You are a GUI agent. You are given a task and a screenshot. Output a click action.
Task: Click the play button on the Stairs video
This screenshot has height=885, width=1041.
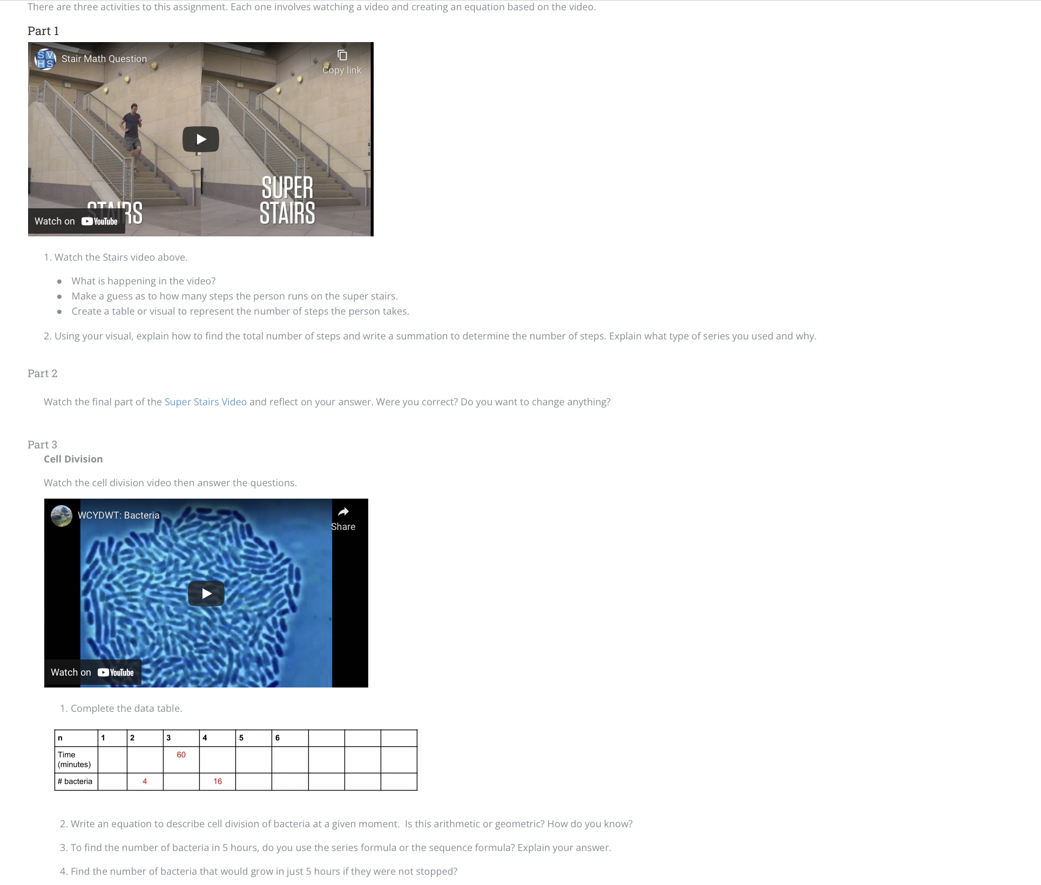201,139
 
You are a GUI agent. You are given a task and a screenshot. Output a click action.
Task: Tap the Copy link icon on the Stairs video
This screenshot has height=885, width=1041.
342,55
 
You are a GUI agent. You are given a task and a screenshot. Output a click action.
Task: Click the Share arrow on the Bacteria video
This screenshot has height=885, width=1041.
343,512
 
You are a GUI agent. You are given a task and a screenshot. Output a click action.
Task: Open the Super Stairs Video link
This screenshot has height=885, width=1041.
205,402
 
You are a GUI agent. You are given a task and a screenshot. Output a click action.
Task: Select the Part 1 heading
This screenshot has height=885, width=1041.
43,31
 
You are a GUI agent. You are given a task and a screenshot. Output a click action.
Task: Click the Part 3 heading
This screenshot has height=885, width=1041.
42,445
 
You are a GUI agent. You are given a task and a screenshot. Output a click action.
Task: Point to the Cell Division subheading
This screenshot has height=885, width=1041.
73,459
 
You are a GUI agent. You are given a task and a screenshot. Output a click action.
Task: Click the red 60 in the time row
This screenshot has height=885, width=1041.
181,755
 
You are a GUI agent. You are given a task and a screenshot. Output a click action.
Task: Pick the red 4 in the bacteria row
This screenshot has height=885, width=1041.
145,781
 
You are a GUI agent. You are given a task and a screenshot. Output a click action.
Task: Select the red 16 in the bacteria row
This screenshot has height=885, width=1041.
218,781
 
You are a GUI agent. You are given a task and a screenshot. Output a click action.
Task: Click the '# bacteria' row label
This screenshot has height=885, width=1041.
75,781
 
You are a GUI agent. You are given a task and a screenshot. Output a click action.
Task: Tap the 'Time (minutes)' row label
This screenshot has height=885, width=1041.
74,759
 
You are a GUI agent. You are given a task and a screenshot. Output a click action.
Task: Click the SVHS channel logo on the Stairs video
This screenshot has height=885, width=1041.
45,59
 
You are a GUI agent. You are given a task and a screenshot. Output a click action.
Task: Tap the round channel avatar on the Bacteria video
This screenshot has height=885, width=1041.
62,515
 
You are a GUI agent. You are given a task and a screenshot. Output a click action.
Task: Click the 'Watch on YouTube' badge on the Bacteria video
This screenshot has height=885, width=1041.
92,672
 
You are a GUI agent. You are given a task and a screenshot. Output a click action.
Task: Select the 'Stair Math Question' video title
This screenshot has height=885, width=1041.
104,59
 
